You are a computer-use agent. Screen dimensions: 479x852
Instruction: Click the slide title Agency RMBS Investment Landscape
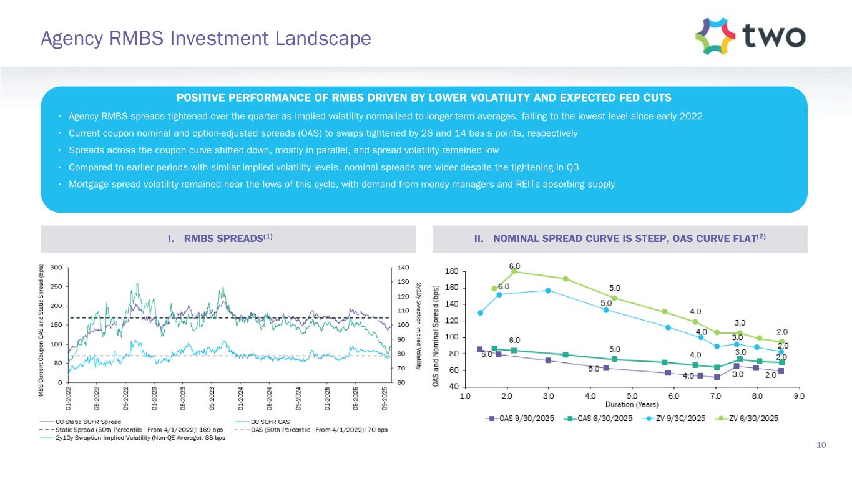205,39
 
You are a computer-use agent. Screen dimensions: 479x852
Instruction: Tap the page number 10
821,445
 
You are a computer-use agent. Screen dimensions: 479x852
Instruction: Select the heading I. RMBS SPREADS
228,238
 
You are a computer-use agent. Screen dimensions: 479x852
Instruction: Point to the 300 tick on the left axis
56,268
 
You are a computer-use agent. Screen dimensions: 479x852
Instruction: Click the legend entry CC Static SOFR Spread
88,422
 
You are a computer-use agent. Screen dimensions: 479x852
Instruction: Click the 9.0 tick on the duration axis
799,395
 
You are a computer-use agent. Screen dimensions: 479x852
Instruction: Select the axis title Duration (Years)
632,404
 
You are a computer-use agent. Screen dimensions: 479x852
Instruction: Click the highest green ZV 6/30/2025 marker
514,271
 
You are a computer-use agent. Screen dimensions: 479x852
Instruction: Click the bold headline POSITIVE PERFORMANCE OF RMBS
424,98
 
